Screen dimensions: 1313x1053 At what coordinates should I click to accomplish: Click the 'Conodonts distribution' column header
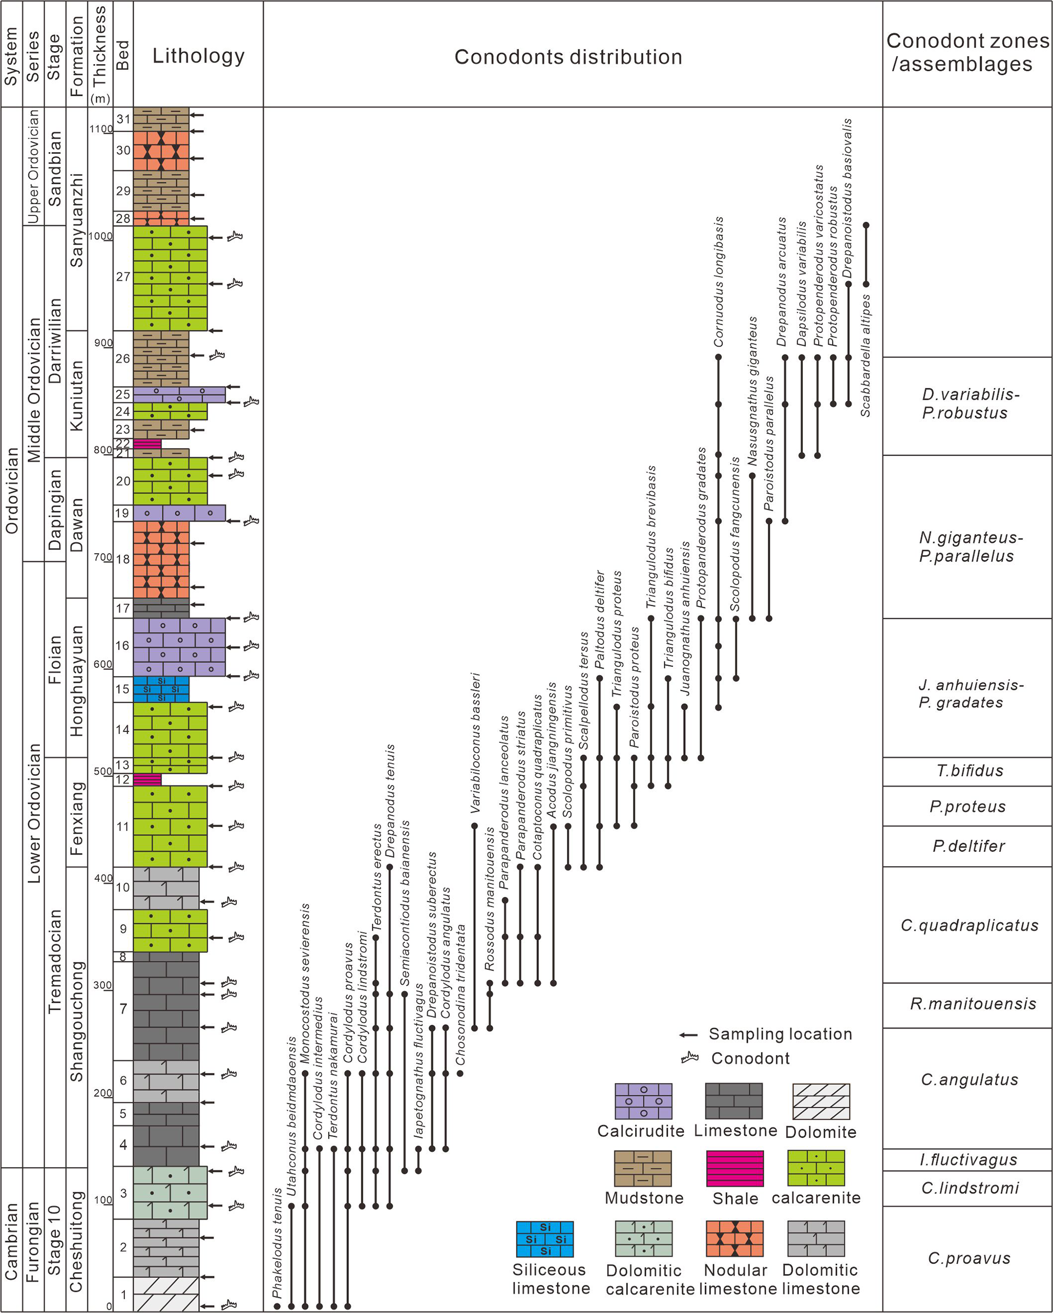pos(568,57)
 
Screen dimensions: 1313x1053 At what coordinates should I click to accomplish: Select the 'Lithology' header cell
pos(198,56)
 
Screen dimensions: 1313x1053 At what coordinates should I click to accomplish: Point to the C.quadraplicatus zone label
pos(969,925)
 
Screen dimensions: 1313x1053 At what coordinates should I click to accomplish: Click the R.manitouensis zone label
pos(973,1004)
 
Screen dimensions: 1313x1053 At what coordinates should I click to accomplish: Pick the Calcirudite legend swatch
pos(643,1101)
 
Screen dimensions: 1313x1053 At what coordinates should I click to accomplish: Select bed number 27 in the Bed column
pos(123,277)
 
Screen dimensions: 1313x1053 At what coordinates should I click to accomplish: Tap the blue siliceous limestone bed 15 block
pos(161,689)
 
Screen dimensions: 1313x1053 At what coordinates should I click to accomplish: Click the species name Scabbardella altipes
pos(866,356)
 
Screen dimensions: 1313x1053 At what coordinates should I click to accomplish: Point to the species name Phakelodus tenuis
pos(278,1242)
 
